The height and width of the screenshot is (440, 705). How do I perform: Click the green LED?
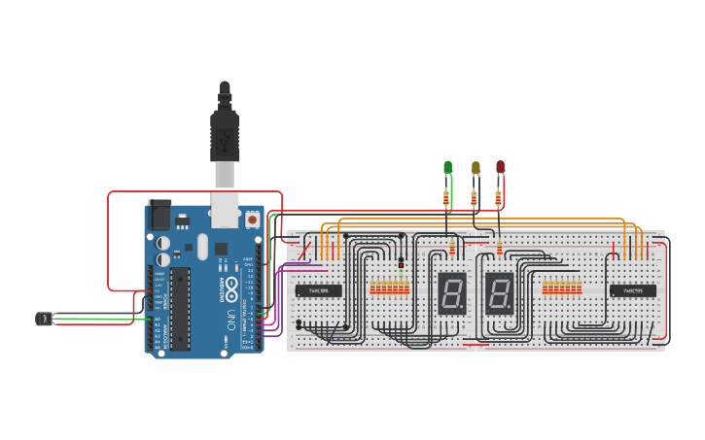(x=447, y=168)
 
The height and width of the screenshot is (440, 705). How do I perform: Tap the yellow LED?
(x=476, y=168)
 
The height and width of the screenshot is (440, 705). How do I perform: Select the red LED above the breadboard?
(x=500, y=167)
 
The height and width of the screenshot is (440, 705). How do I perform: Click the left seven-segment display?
(x=451, y=292)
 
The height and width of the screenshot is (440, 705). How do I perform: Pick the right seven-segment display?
(x=499, y=292)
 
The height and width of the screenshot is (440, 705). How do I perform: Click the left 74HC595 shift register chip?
(x=318, y=290)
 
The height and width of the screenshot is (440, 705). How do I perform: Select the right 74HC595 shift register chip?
(x=632, y=290)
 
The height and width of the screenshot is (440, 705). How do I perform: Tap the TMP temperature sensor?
(x=44, y=319)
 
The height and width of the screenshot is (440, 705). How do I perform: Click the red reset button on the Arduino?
(x=253, y=220)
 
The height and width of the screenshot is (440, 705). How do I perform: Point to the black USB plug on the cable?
(x=225, y=136)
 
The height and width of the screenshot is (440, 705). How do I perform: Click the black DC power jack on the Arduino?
(x=159, y=215)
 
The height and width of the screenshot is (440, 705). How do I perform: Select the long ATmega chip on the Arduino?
(x=181, y=308)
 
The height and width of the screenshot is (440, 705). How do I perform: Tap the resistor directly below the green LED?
(x=446, y=198)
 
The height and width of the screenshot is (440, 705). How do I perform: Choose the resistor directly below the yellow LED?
(x=474, y=198)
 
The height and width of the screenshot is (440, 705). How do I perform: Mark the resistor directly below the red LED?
(x=498, y=198)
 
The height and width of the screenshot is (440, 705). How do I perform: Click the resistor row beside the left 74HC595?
(x=389, y=287)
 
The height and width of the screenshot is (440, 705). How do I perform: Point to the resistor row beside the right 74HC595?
(x=562, y=287)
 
